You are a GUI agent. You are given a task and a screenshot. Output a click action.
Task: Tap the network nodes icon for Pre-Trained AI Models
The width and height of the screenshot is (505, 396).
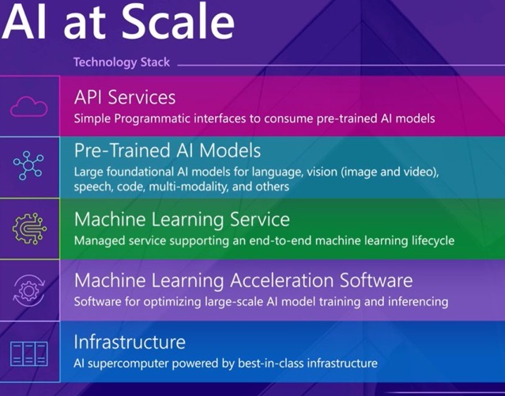click(28, 166)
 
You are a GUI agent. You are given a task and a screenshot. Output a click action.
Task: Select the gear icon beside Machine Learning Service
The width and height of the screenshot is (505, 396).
click(28, 228)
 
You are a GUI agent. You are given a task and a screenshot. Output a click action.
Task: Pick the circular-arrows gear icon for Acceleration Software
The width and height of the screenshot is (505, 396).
click(28, 289)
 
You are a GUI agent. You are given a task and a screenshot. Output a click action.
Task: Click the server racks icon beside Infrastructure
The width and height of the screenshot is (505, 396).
click(28, 351)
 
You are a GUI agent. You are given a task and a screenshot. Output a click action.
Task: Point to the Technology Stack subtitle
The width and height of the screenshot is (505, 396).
click(121, 62)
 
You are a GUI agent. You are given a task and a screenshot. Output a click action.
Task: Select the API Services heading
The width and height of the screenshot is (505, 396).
click(125, 97)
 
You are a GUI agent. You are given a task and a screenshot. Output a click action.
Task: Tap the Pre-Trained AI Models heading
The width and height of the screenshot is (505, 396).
click(168, 150)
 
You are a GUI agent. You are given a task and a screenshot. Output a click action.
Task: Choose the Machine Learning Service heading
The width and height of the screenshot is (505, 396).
click(182, 219)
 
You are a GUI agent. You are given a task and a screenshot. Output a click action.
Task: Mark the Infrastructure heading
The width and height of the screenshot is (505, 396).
click(130, 342)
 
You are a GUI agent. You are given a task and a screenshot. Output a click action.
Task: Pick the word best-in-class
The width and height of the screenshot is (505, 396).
click(262, 363)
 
